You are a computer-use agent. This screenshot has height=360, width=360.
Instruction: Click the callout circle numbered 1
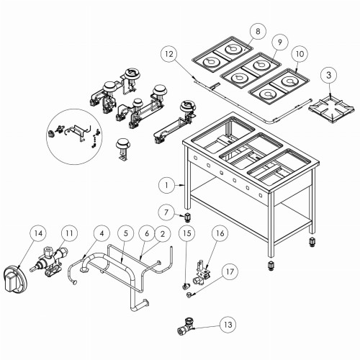[x=166, y=185]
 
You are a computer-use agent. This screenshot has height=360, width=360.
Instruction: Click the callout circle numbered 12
[x=167, y=55]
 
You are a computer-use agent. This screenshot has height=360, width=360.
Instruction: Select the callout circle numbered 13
[x=228, y=325]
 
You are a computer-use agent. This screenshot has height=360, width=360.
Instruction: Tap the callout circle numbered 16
[x=220, y=235]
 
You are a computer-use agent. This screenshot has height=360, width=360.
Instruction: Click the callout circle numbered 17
[x=229, y=272]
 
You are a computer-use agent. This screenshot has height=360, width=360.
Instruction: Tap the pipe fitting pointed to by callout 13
[x=188, y=329]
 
